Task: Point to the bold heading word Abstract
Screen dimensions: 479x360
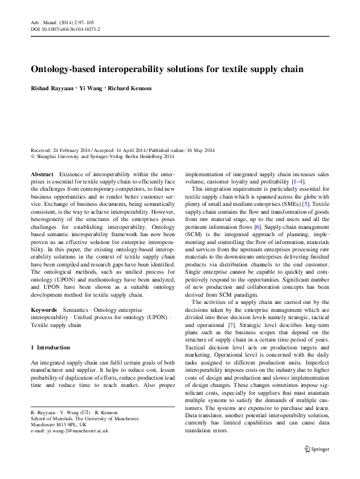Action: pos(42,173)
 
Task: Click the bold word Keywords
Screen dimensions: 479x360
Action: pos(44,292)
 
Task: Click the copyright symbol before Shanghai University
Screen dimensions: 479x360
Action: pos(33,156)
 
